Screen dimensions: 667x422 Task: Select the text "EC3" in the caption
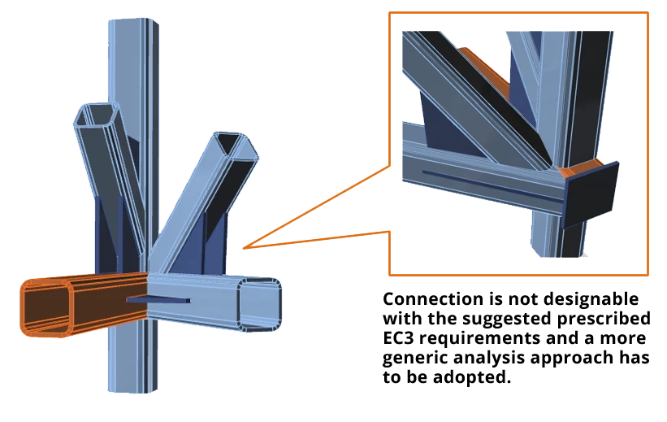(398, 338)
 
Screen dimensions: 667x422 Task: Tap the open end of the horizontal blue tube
(259, 304)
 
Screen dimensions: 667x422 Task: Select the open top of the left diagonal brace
(97, 114)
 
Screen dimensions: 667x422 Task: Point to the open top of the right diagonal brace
(236, 146)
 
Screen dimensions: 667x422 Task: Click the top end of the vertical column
(133, 20)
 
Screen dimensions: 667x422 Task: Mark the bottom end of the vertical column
(132, 389)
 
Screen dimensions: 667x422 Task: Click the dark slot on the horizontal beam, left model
(158, 299)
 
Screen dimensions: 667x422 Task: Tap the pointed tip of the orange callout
(243, 248)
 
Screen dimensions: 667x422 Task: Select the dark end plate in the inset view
(591, 195)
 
